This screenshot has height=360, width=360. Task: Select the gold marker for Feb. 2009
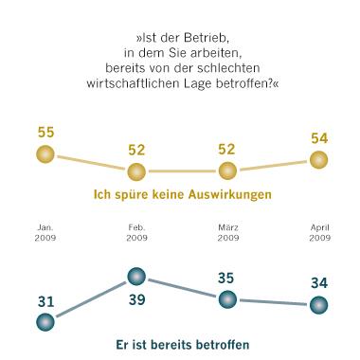[135, 171]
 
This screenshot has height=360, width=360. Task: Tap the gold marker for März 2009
[226, 171]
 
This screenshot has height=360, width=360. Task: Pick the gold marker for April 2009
[318, 159]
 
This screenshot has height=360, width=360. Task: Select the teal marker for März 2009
[226, 298]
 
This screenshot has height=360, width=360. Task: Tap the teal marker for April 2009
[318, 305]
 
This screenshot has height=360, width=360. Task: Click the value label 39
[135, 302]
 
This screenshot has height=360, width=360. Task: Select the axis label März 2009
[226, 232]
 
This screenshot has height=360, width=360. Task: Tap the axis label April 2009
[318, 232]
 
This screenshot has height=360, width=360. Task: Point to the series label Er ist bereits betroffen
[181, 345]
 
